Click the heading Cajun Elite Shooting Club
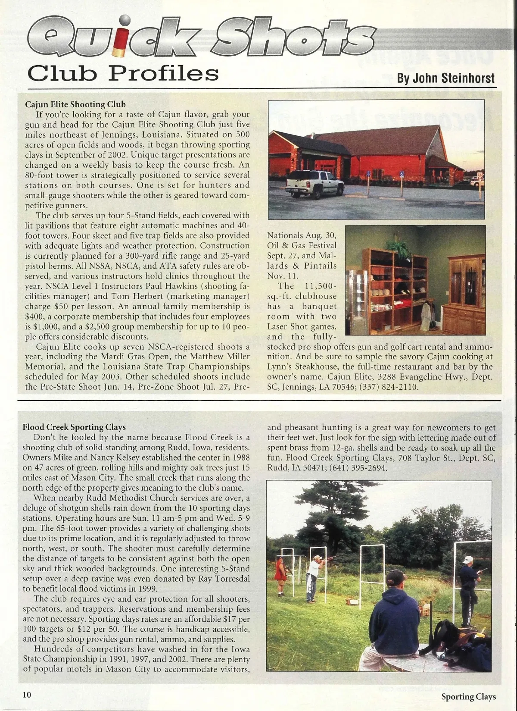75,104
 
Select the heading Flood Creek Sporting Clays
74,427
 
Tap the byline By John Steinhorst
445,78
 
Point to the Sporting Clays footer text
468,697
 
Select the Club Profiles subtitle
123,74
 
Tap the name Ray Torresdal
224,579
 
